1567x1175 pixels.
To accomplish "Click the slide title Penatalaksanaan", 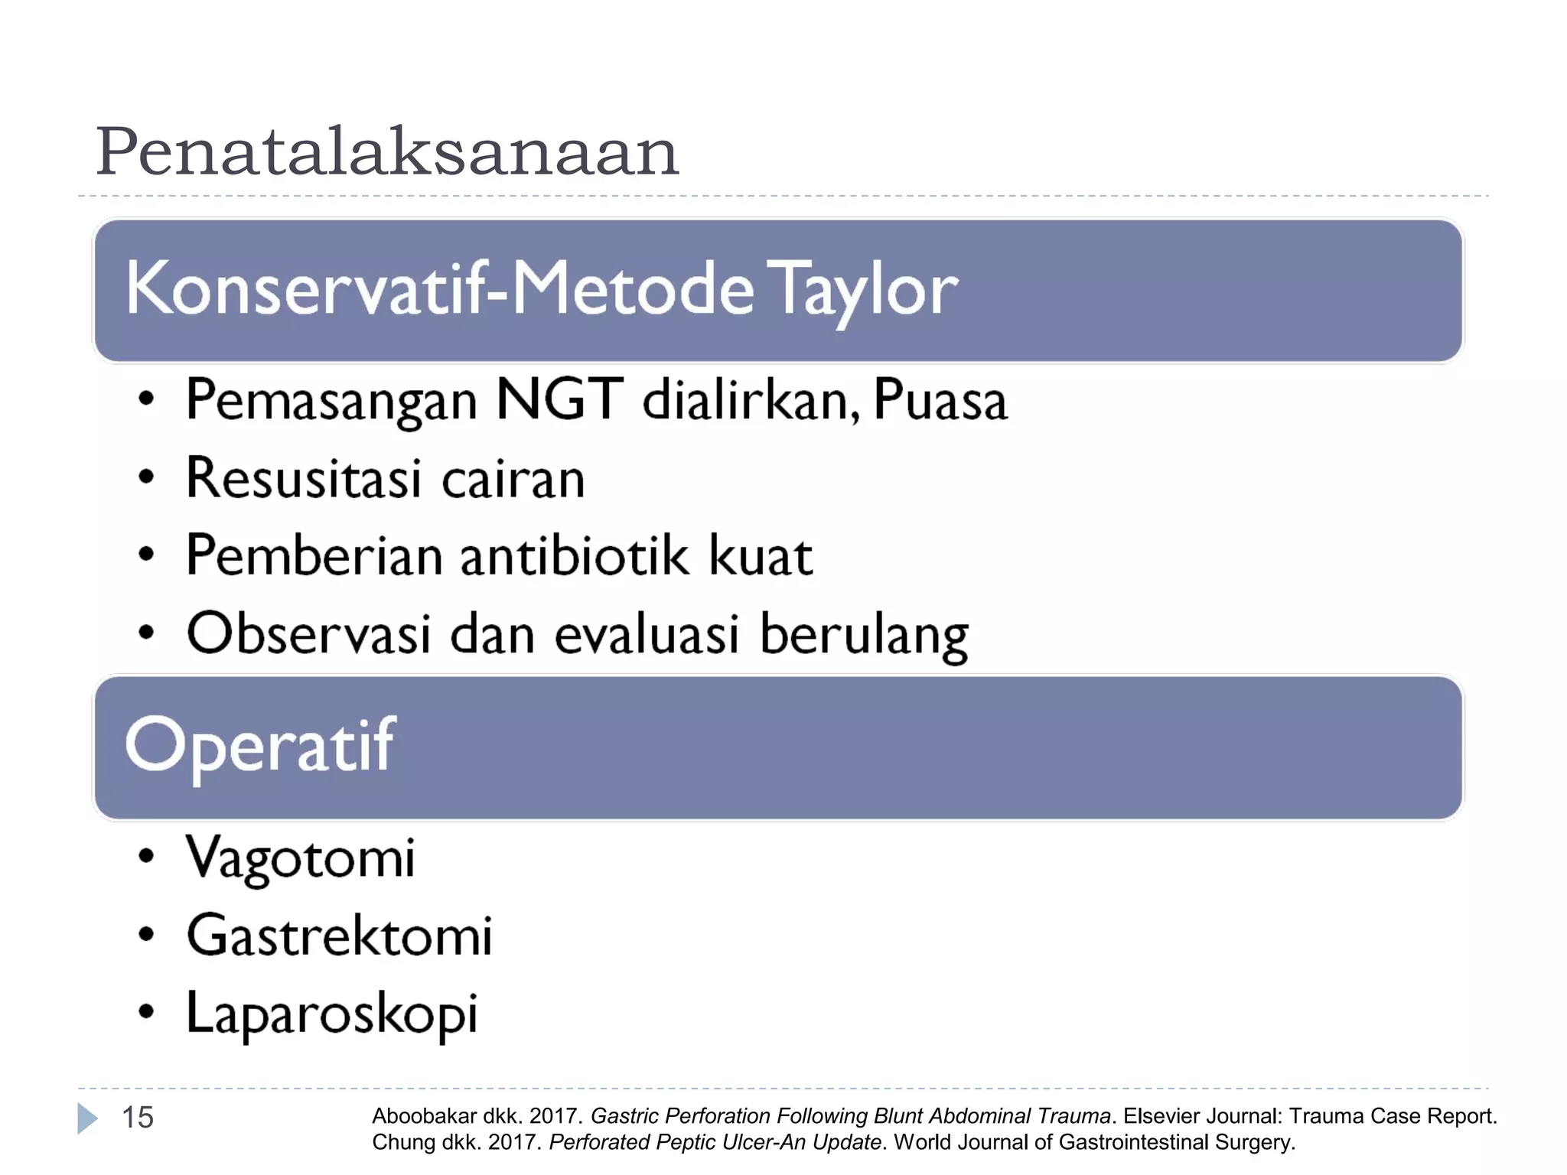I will tap(386, 151).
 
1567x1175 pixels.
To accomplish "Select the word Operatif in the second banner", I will tap(260, 746).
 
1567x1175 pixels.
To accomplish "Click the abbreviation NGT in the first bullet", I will tap(559, 400).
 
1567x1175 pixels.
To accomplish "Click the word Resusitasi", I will tap(304, 479).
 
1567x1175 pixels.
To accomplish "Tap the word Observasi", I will tap(308, 634).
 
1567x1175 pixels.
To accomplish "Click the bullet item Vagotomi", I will tap(301, 858).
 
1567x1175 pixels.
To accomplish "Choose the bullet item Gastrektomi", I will tap(339, 936).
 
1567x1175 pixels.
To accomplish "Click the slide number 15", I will tap(138, 1118).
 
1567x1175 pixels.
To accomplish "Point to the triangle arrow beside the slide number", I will tap(87, 1118).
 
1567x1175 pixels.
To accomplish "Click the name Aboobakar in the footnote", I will tap(424, 1116).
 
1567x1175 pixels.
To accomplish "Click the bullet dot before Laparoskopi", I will tap(146, 1012).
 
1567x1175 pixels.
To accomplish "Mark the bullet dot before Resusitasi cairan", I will tap(146, 477).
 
